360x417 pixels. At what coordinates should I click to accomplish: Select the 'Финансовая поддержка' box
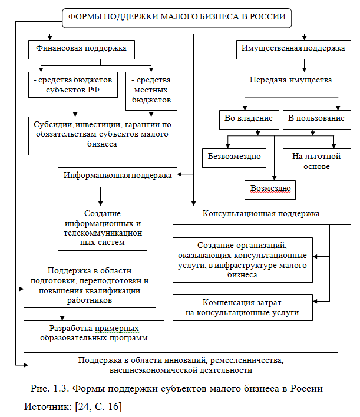point(81,49)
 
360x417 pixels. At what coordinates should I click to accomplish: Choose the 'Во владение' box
point(249,118)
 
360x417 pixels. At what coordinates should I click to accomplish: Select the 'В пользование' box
point(316,118)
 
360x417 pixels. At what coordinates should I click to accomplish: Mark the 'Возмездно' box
point(270,190)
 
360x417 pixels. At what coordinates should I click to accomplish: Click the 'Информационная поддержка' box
point(118,176)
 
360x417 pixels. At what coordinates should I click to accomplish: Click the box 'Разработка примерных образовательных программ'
point(94,333)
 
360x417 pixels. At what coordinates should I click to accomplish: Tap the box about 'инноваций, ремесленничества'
point(181,365)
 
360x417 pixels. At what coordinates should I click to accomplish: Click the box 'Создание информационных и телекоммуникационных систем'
point(103,228)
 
